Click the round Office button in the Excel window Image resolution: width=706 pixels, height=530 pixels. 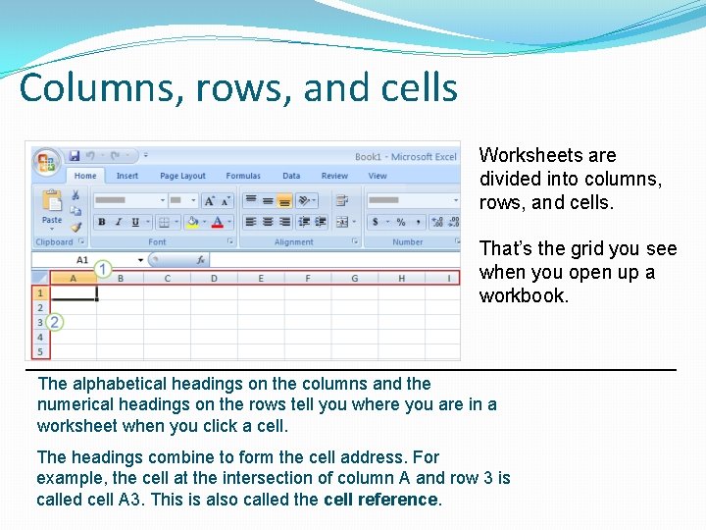[45, 161]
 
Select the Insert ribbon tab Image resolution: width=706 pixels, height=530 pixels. [127, 177]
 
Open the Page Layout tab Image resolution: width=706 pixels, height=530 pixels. [182, 177]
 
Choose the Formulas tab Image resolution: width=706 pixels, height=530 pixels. [243, 177]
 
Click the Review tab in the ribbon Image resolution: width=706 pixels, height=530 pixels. [334, 177]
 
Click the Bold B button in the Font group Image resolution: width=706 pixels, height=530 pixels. [102, 223]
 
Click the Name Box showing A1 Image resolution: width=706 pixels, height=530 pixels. [82, 260]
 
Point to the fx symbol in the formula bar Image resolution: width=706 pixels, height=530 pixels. [199, 260]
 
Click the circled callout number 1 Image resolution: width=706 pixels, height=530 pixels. [103, 268]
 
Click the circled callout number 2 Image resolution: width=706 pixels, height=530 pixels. [55, 322]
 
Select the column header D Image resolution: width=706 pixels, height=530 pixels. [214, 279]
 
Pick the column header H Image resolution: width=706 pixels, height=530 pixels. [401, 279]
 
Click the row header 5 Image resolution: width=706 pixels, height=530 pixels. [40, 351]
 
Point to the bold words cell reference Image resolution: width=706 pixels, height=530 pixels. [381, 500]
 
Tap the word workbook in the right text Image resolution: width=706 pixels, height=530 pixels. [523, 295]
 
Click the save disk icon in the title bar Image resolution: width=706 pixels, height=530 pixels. [74, 156]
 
